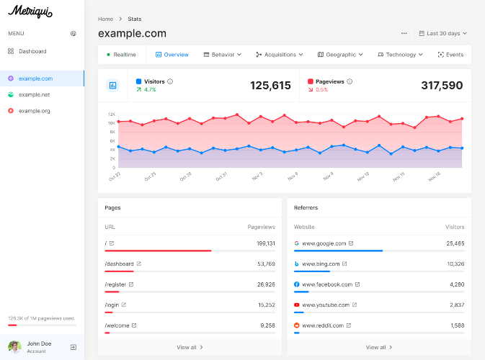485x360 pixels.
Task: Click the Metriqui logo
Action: point(30,12)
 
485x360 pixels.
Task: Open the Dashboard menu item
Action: point(27,51)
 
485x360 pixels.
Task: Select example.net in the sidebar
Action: point(29,94)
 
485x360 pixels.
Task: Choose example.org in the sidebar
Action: point(29,111)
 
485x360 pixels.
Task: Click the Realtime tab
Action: point(122,55)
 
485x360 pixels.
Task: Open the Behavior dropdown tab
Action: point(223,55)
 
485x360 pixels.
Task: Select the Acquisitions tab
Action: point(280,55)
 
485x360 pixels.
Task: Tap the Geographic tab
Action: point(340,55)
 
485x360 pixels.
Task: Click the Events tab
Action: point(450,55)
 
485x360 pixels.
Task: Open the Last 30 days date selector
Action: point(443,33)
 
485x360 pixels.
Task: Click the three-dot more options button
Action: point(404,33)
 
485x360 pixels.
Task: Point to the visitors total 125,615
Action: point(270,85)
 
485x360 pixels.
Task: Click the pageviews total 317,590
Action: point(442,85)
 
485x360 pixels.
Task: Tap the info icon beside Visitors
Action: point(170,81)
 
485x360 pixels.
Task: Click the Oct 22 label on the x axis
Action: point(115,176)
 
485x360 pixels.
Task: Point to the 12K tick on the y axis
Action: point(112,114)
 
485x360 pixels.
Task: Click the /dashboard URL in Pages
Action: point(119,264)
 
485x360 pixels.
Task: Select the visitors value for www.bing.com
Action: point(455,264)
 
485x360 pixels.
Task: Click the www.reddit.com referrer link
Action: point(323,325)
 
